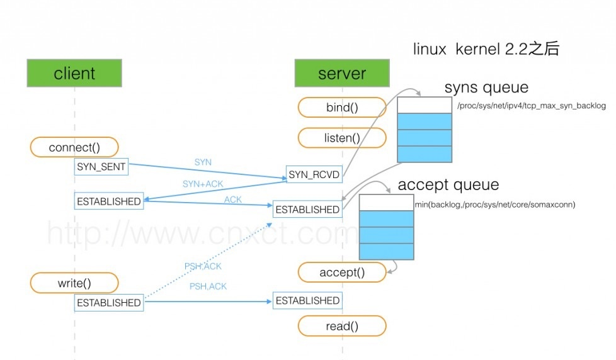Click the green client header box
coord(74,73)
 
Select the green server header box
coord(341,73)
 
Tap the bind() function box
coord(342,108)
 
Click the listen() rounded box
coord(342,138)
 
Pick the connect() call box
coord(74,147)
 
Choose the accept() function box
coord(342,273)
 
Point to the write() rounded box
coord(74,283)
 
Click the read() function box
coord(342,326)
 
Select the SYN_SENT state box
coord(101,167)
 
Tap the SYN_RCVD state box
coord(314,174)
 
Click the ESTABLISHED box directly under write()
coord(108,303)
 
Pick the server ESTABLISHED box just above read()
coord(307,301)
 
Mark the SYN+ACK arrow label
coord(203,184)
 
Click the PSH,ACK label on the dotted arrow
coord(203,266)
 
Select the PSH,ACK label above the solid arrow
coord(208,286)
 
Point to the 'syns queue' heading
coord(486,87)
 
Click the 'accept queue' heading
coord(448,185)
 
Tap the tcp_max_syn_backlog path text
coord(531,106)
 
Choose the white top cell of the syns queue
coord(425,105)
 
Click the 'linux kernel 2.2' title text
coord(486,49)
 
